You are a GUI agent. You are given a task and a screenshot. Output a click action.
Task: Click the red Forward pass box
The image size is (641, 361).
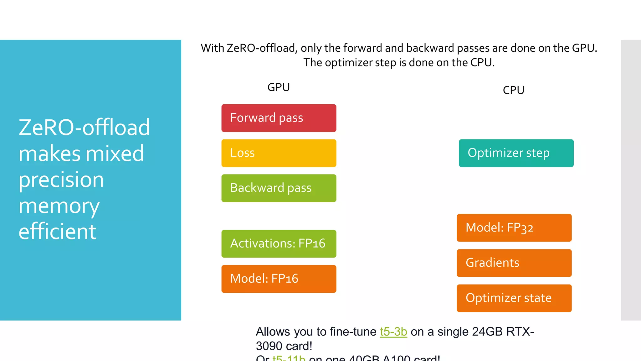[279, 118]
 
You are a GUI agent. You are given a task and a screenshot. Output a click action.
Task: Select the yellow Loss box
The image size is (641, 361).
[279, 153]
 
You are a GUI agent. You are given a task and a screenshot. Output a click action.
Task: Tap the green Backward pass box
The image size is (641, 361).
[279, 188]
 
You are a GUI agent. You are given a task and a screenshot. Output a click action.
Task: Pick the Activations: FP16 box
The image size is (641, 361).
[279, 244]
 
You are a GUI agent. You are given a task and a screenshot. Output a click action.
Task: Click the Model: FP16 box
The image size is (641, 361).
[279, 279]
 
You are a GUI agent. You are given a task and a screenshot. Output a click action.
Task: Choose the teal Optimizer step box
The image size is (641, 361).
[516, 153]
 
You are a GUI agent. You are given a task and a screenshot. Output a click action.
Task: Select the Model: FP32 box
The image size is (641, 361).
[514, 228]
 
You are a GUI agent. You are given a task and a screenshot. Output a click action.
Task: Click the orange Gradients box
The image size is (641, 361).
[514, 263]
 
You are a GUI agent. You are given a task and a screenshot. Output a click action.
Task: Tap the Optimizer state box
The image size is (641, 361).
[514, 298]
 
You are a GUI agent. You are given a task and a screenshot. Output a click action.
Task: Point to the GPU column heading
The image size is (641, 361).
[279, 87]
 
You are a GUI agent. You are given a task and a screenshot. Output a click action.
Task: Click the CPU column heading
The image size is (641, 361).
[513, 90]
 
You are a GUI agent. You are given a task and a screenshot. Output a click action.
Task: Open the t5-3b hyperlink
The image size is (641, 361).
[393, 332]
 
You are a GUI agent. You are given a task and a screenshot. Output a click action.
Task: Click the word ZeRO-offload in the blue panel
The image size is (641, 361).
[84, 128]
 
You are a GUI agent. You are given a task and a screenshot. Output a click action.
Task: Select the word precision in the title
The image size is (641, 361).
[61, 180]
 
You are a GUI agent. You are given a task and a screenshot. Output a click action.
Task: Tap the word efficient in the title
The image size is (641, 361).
[57, 232]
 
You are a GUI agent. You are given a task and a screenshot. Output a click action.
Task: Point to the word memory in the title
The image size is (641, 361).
[59, 206]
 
